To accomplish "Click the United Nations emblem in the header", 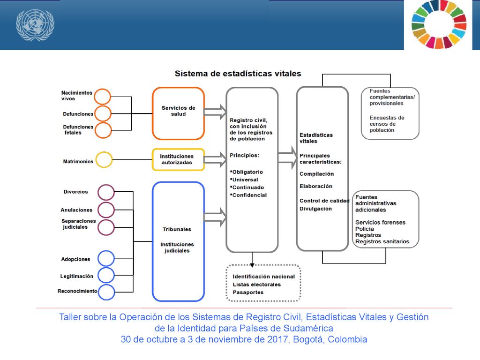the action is tap(35, 24).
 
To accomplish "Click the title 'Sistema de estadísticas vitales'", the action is tap(238, 74).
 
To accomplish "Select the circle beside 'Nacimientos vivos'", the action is tap(102, 89).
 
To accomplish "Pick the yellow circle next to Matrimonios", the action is tap(104, 152).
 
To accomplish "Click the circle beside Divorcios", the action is tap(106, 185).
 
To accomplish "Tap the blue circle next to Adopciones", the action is tap(106, 251).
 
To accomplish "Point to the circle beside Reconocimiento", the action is tap(106, 285).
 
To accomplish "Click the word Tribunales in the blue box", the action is tap(177, 229).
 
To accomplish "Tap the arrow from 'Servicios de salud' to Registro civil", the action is tap(215, 112).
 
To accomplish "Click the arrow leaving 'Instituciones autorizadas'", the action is tap(215, 159).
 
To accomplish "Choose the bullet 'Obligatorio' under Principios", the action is tap(247, 172).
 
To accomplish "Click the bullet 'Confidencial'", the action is tap(248, 195).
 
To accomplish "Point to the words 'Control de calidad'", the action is tap(324, 201).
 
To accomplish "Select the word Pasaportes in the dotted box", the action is tap(248, 292).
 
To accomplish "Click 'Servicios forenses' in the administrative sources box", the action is tap(380, 223).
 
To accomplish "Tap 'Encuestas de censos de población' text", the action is tap(387, 124).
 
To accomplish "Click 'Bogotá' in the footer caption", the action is tap(308, 339).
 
